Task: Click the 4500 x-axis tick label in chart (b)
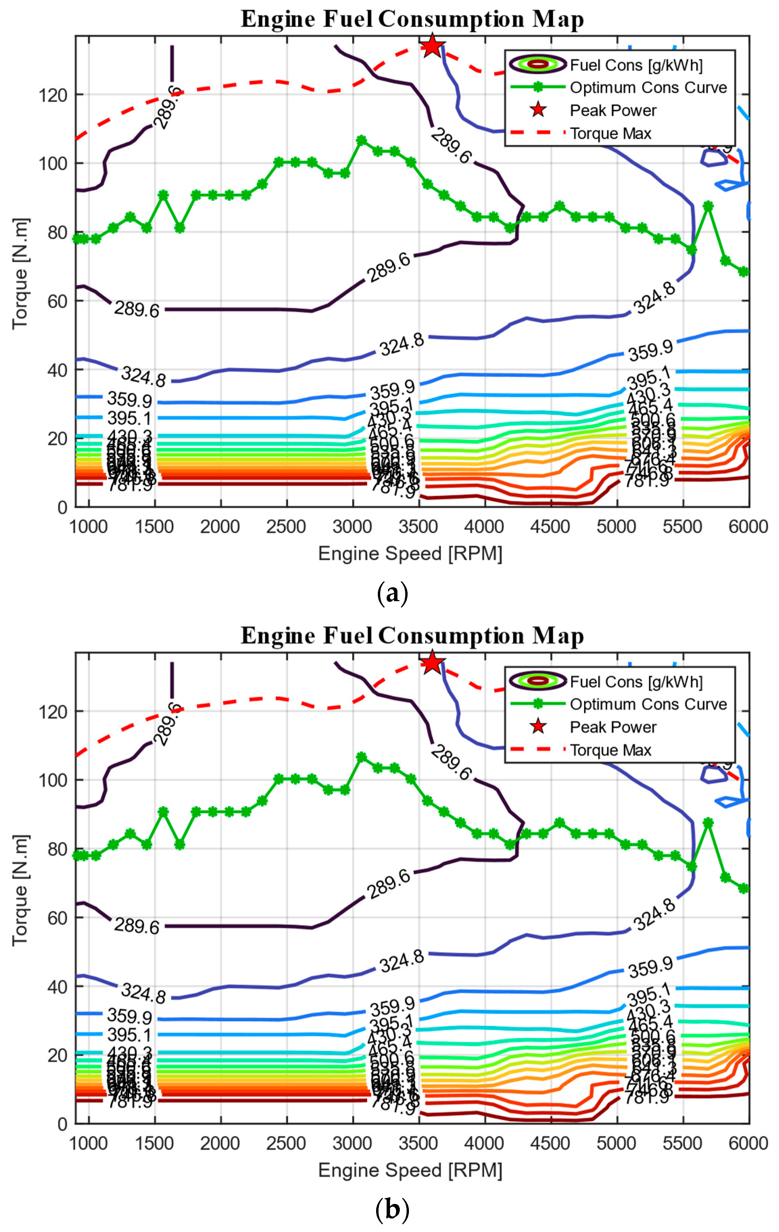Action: coord(550,1143)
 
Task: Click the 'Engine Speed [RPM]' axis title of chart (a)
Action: coord(410,553)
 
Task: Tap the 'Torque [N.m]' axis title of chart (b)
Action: coord(21,890)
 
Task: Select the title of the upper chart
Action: coord(412,20)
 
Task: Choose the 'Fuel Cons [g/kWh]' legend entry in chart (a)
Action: coord(636,65)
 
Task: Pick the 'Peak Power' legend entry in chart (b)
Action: coord(613,727)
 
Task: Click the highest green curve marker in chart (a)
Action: coord(361,140)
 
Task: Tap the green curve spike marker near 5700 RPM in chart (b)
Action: coord(708,823)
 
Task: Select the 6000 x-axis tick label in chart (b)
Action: coord(748,1143)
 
